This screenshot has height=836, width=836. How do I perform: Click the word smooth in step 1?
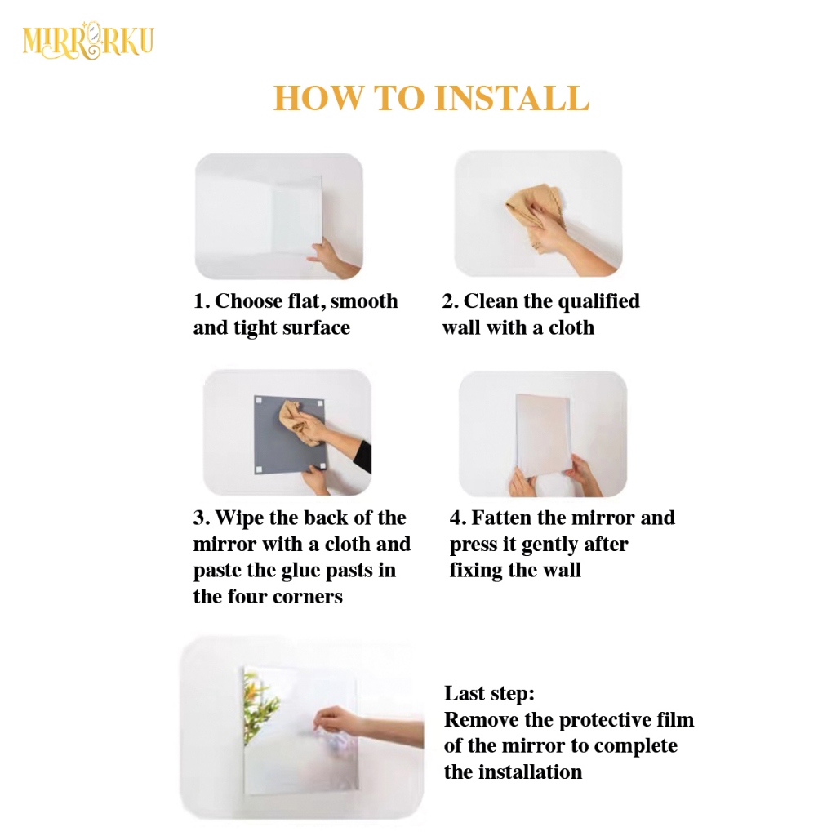pyautogui.click(x=364, y=301)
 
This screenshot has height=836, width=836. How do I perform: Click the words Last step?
pyautogui.click(x=489, y=694)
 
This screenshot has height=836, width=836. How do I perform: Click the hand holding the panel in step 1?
pyautogui.click(x=327, y=255)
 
